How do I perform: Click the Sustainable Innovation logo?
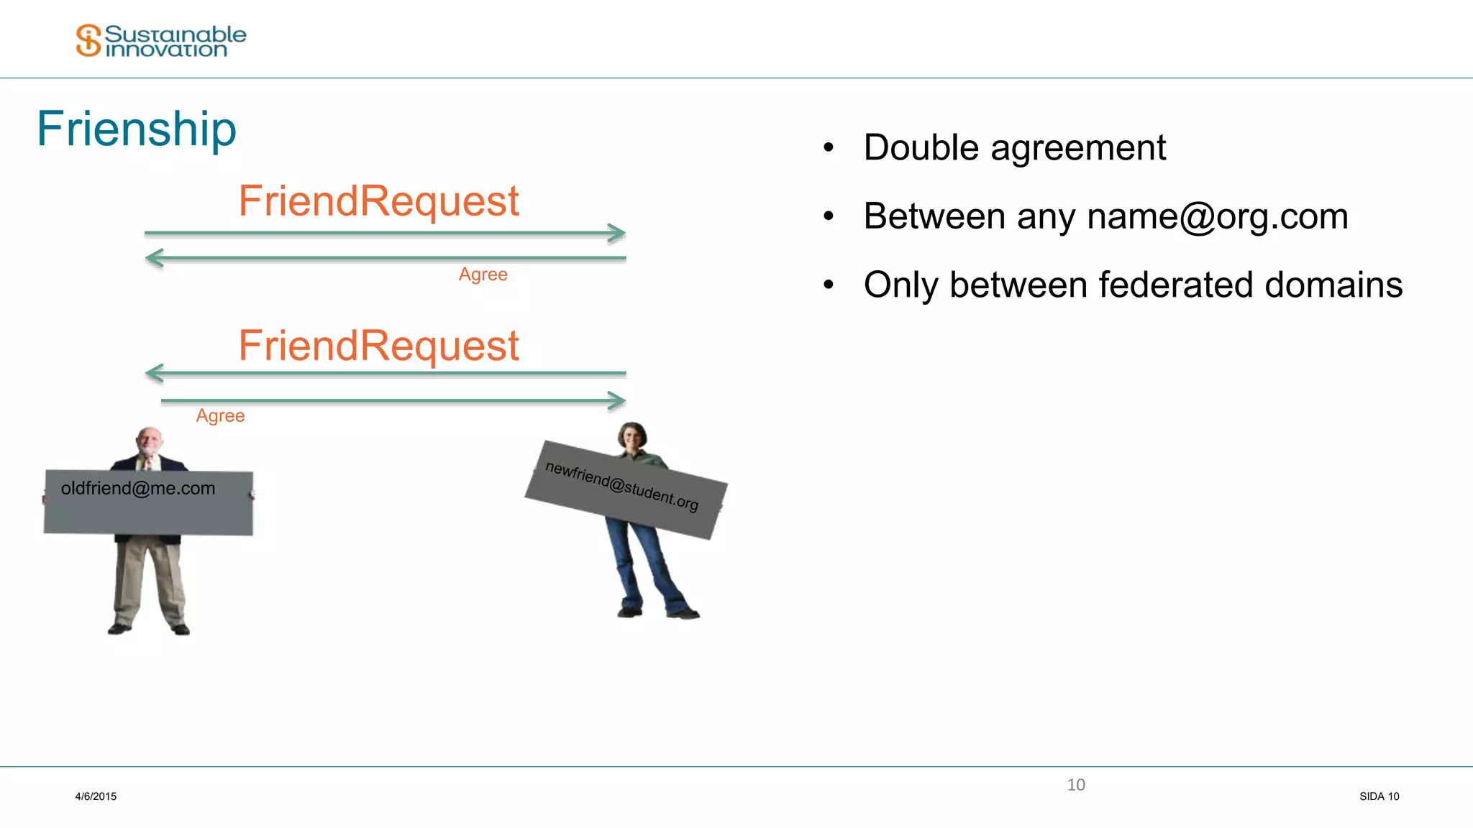pyautogui.click(x=160, y=40)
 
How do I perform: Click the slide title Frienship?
pyautogui.click(x=137, y=129)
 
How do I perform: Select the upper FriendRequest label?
pyautogui.click(x=378, y=201)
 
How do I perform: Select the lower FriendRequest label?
pyautogui.click(x=378, y=346)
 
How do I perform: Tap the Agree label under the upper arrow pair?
pyautogui.click(x=483, y=275)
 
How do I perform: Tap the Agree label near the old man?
pyautogui.click(x=220, y=416)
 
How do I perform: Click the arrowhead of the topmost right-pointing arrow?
pyautogui.click(x=616, y=233)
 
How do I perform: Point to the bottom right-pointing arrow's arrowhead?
pyautogui.click(x=616, y=400)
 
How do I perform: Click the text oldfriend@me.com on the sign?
pyautogui.click(x=138, y=489)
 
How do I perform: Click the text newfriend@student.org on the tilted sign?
pyautogui.click(x=621, y=486)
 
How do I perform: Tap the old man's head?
pyautogui.click(x=150, y=441)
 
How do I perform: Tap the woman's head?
pyautogui.click(x=632, y=436)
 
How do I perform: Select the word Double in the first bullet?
pyautogui.click(x=921, y=148)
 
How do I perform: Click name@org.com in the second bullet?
pyautogui.click(x=1217, y=216)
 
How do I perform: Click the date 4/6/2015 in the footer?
pyautogui.click(x=96, y=796)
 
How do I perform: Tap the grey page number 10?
pyautogui.click(x=1076, y=785)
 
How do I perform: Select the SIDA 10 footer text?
pyautogui.click(x=1379, y=796)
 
